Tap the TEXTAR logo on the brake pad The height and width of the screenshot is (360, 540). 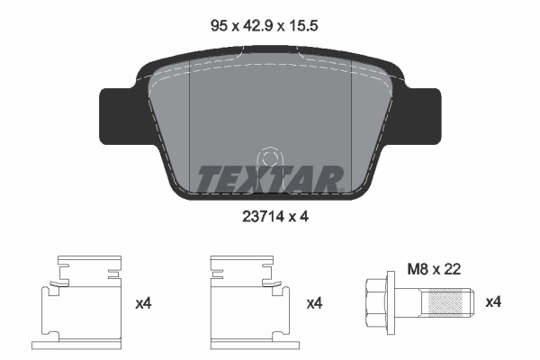[269, 179]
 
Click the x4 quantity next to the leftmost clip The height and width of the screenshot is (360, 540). [143, 304]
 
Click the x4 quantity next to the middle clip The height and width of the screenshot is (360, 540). [314, 304]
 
